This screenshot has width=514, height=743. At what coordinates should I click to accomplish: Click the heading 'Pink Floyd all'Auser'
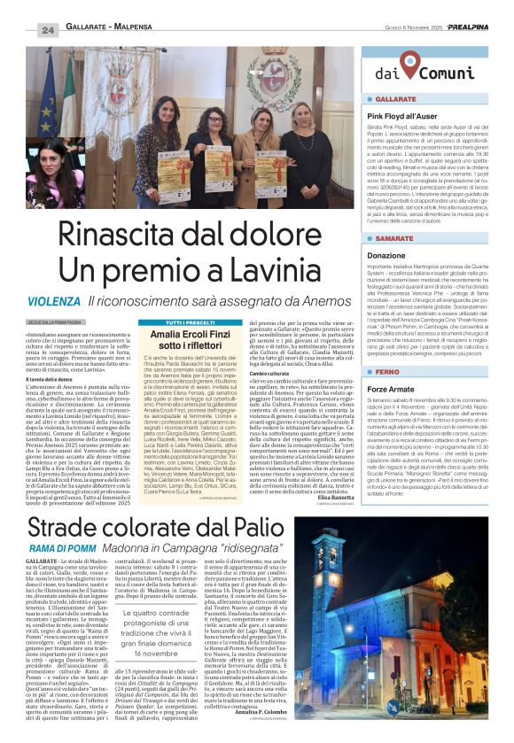tap(403, 116)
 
